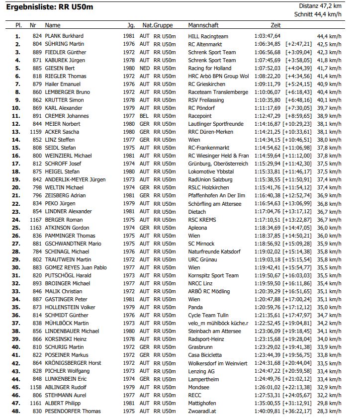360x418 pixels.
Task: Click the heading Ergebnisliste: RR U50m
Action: coord(49,7)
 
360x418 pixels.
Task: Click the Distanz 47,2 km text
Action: coord(320,6)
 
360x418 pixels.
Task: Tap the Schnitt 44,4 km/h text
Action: coord(318,14)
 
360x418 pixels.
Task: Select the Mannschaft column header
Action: coord(204,25)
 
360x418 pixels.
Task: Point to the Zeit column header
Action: coord(275,25)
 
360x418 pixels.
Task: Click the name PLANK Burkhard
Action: coord(64,36)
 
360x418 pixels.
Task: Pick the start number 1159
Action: coord(35,132)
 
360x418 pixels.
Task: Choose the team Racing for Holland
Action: coord(210,68)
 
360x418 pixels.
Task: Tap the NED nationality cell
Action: coord(145,68)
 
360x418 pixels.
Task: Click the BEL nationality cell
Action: coord(145,116)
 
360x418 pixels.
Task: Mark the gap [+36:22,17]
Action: coord(297,411)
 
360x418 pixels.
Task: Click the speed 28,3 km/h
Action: coord(329,411)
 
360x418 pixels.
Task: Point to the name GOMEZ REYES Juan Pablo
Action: coord(76,267)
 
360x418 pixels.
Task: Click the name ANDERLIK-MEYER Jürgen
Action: coord(76,179)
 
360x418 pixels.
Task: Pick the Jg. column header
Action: coord(131,25)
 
